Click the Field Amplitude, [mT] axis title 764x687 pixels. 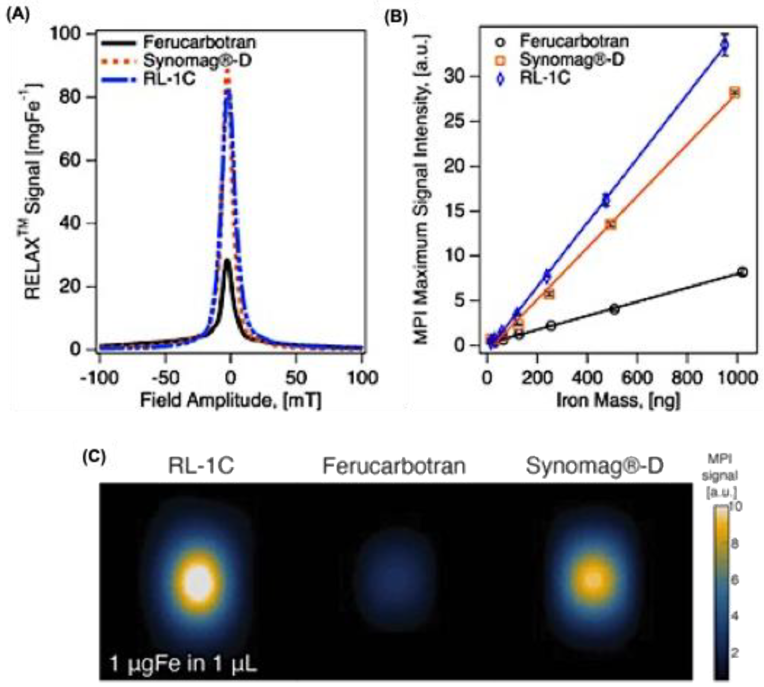230,400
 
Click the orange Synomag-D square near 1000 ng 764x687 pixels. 735,93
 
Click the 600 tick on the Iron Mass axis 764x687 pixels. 637,378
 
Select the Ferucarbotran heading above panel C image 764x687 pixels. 394,466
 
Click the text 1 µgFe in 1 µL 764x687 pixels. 183,663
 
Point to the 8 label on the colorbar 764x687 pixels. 735,544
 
